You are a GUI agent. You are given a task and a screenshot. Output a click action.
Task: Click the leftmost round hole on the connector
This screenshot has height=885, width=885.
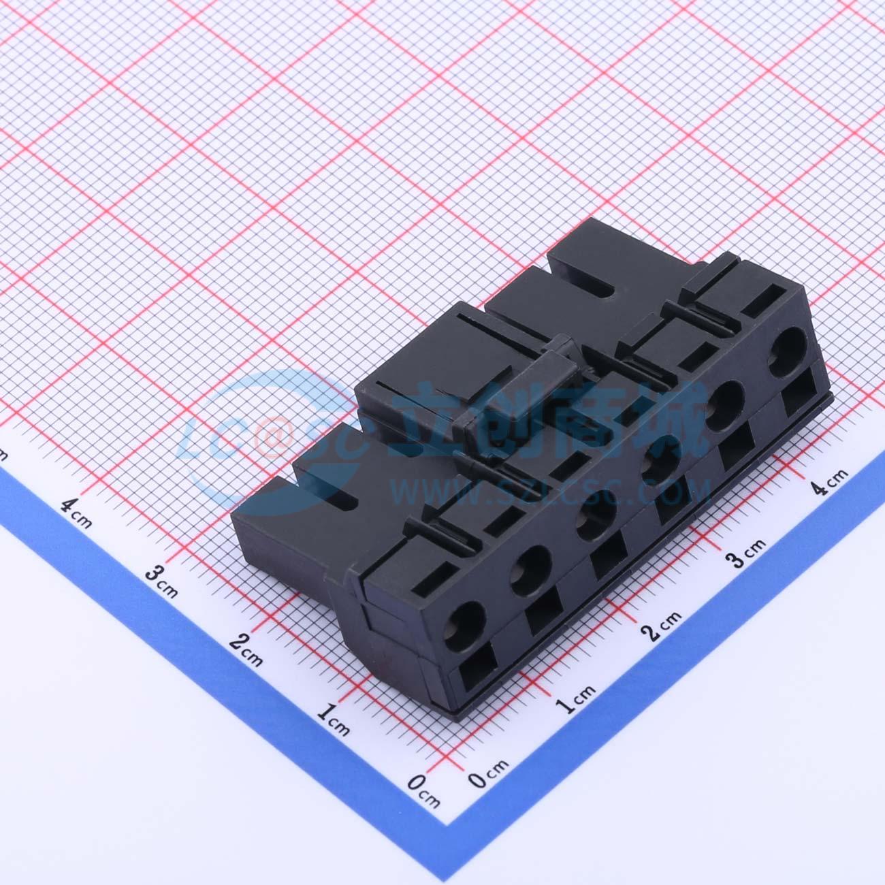click(464, 620)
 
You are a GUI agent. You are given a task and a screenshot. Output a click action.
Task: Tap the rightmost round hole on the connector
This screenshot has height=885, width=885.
click(787, 345)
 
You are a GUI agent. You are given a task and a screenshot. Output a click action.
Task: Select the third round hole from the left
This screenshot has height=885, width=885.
click(596, 522)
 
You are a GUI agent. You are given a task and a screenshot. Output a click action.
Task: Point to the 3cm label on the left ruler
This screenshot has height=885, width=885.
click(161, 581)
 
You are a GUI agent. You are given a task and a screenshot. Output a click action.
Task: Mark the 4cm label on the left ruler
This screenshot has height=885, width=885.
click(77, 513)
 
